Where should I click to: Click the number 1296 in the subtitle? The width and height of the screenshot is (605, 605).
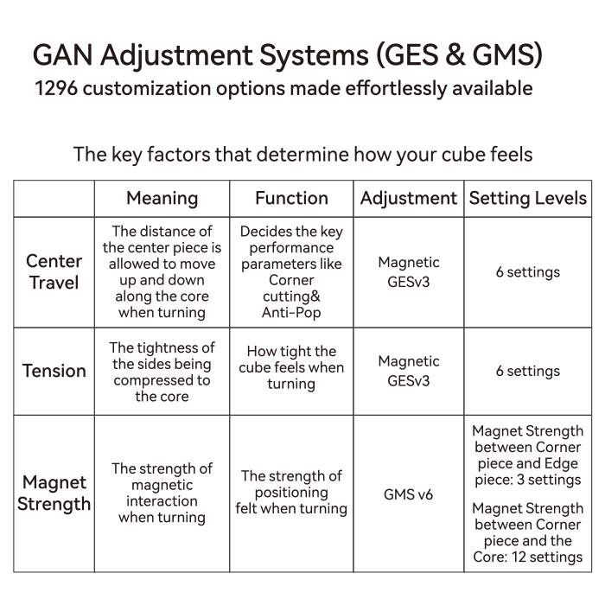(x=56, y=88)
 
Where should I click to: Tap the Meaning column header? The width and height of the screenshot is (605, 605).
(x=162, y=198)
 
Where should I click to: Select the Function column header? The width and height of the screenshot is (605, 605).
(x=292, y=198)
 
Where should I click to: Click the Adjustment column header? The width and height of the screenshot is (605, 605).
(x=409, y=199)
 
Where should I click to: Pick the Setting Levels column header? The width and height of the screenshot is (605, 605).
(x=528, y=198)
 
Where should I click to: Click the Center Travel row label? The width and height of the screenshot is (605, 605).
(x=54, y=272)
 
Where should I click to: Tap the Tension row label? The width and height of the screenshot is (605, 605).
(x=54, y=371)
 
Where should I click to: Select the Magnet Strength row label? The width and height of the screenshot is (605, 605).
(x=54, y=494)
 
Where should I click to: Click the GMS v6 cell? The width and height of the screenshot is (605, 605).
(x=408, y=494)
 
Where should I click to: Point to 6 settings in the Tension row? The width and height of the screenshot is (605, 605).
(x=528, y=371)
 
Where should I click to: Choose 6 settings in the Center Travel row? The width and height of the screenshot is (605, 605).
(x=528, y=272)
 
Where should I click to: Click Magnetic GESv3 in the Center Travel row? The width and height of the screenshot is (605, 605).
(x=409, y=272)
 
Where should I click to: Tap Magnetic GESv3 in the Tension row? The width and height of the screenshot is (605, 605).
(x=409, y=371)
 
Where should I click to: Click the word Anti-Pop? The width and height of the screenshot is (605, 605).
(x=291, y=313)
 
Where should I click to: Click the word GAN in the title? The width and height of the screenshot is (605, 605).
(x=62, y=54)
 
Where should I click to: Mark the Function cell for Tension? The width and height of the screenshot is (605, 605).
(x=291, y=367)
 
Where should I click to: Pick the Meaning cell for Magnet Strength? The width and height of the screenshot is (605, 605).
(x=162, y=494)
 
